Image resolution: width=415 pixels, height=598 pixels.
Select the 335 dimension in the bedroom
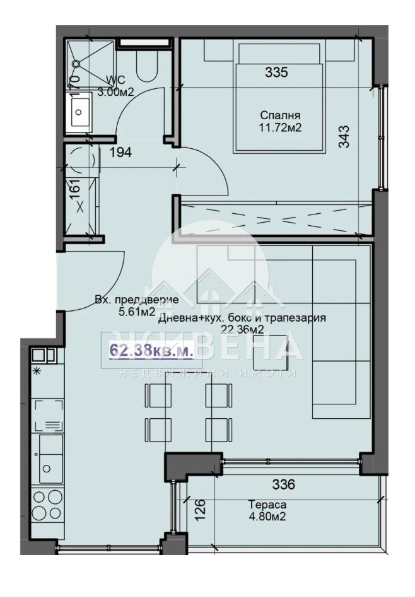coord(276,72)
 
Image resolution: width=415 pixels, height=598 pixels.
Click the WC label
coord(116,79)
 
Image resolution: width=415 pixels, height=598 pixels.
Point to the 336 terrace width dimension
coord(283,484)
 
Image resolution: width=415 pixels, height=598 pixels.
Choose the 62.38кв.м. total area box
coord(148,351)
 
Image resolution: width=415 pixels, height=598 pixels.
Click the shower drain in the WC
coord(76,63)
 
